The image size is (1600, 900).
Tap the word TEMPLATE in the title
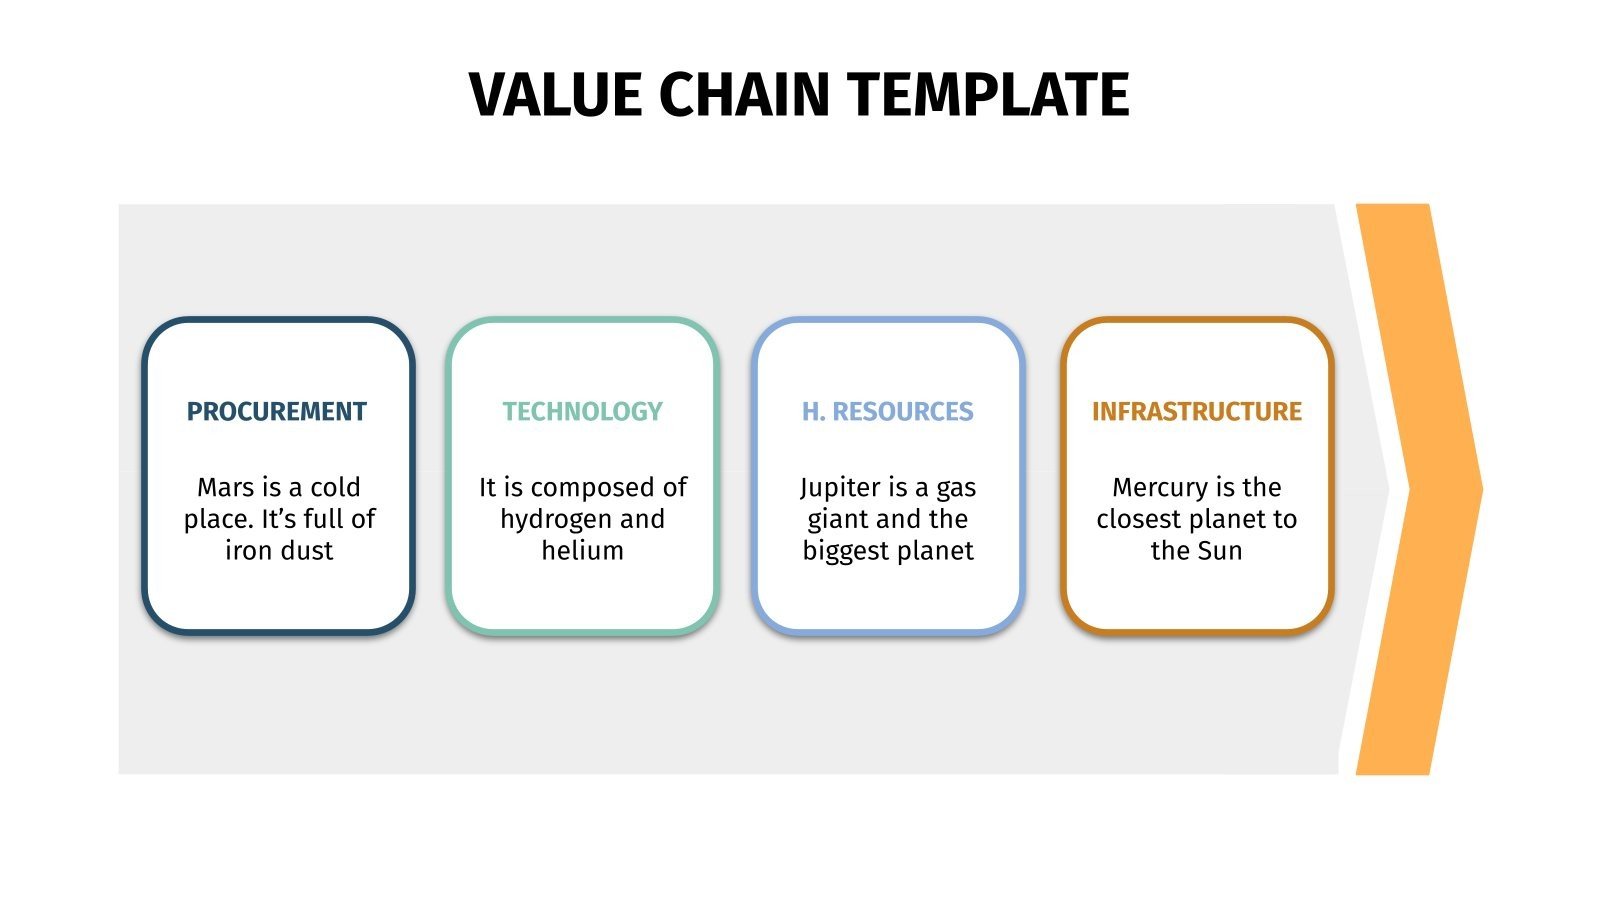tap(989, 96)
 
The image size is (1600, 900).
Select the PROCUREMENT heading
tap(277, 412)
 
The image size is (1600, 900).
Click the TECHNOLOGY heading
tap(582, 412)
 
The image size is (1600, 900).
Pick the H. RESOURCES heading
tap(887, 412)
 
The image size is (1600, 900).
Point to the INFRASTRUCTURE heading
tap(1196, 412)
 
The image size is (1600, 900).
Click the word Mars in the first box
tap(225, 488)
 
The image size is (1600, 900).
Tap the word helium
tap(582, 551)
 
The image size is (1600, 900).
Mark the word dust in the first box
tap(307, 551)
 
